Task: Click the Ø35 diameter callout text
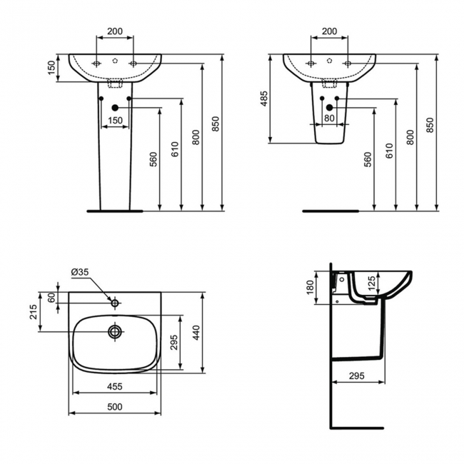[x=80, y=272]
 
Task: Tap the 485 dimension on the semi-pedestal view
[x=263, y=99]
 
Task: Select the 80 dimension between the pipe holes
[x=329, y=118]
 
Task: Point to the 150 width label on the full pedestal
[x=115, y=121]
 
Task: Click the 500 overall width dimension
[x=115, y=407]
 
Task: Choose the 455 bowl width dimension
[x=115, y=386]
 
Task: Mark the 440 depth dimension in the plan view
[x=196, y=333]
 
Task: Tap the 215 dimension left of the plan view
[x=34, y=312]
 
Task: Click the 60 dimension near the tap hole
[x=51, y=298]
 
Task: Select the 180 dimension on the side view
[x=310, y=288]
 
